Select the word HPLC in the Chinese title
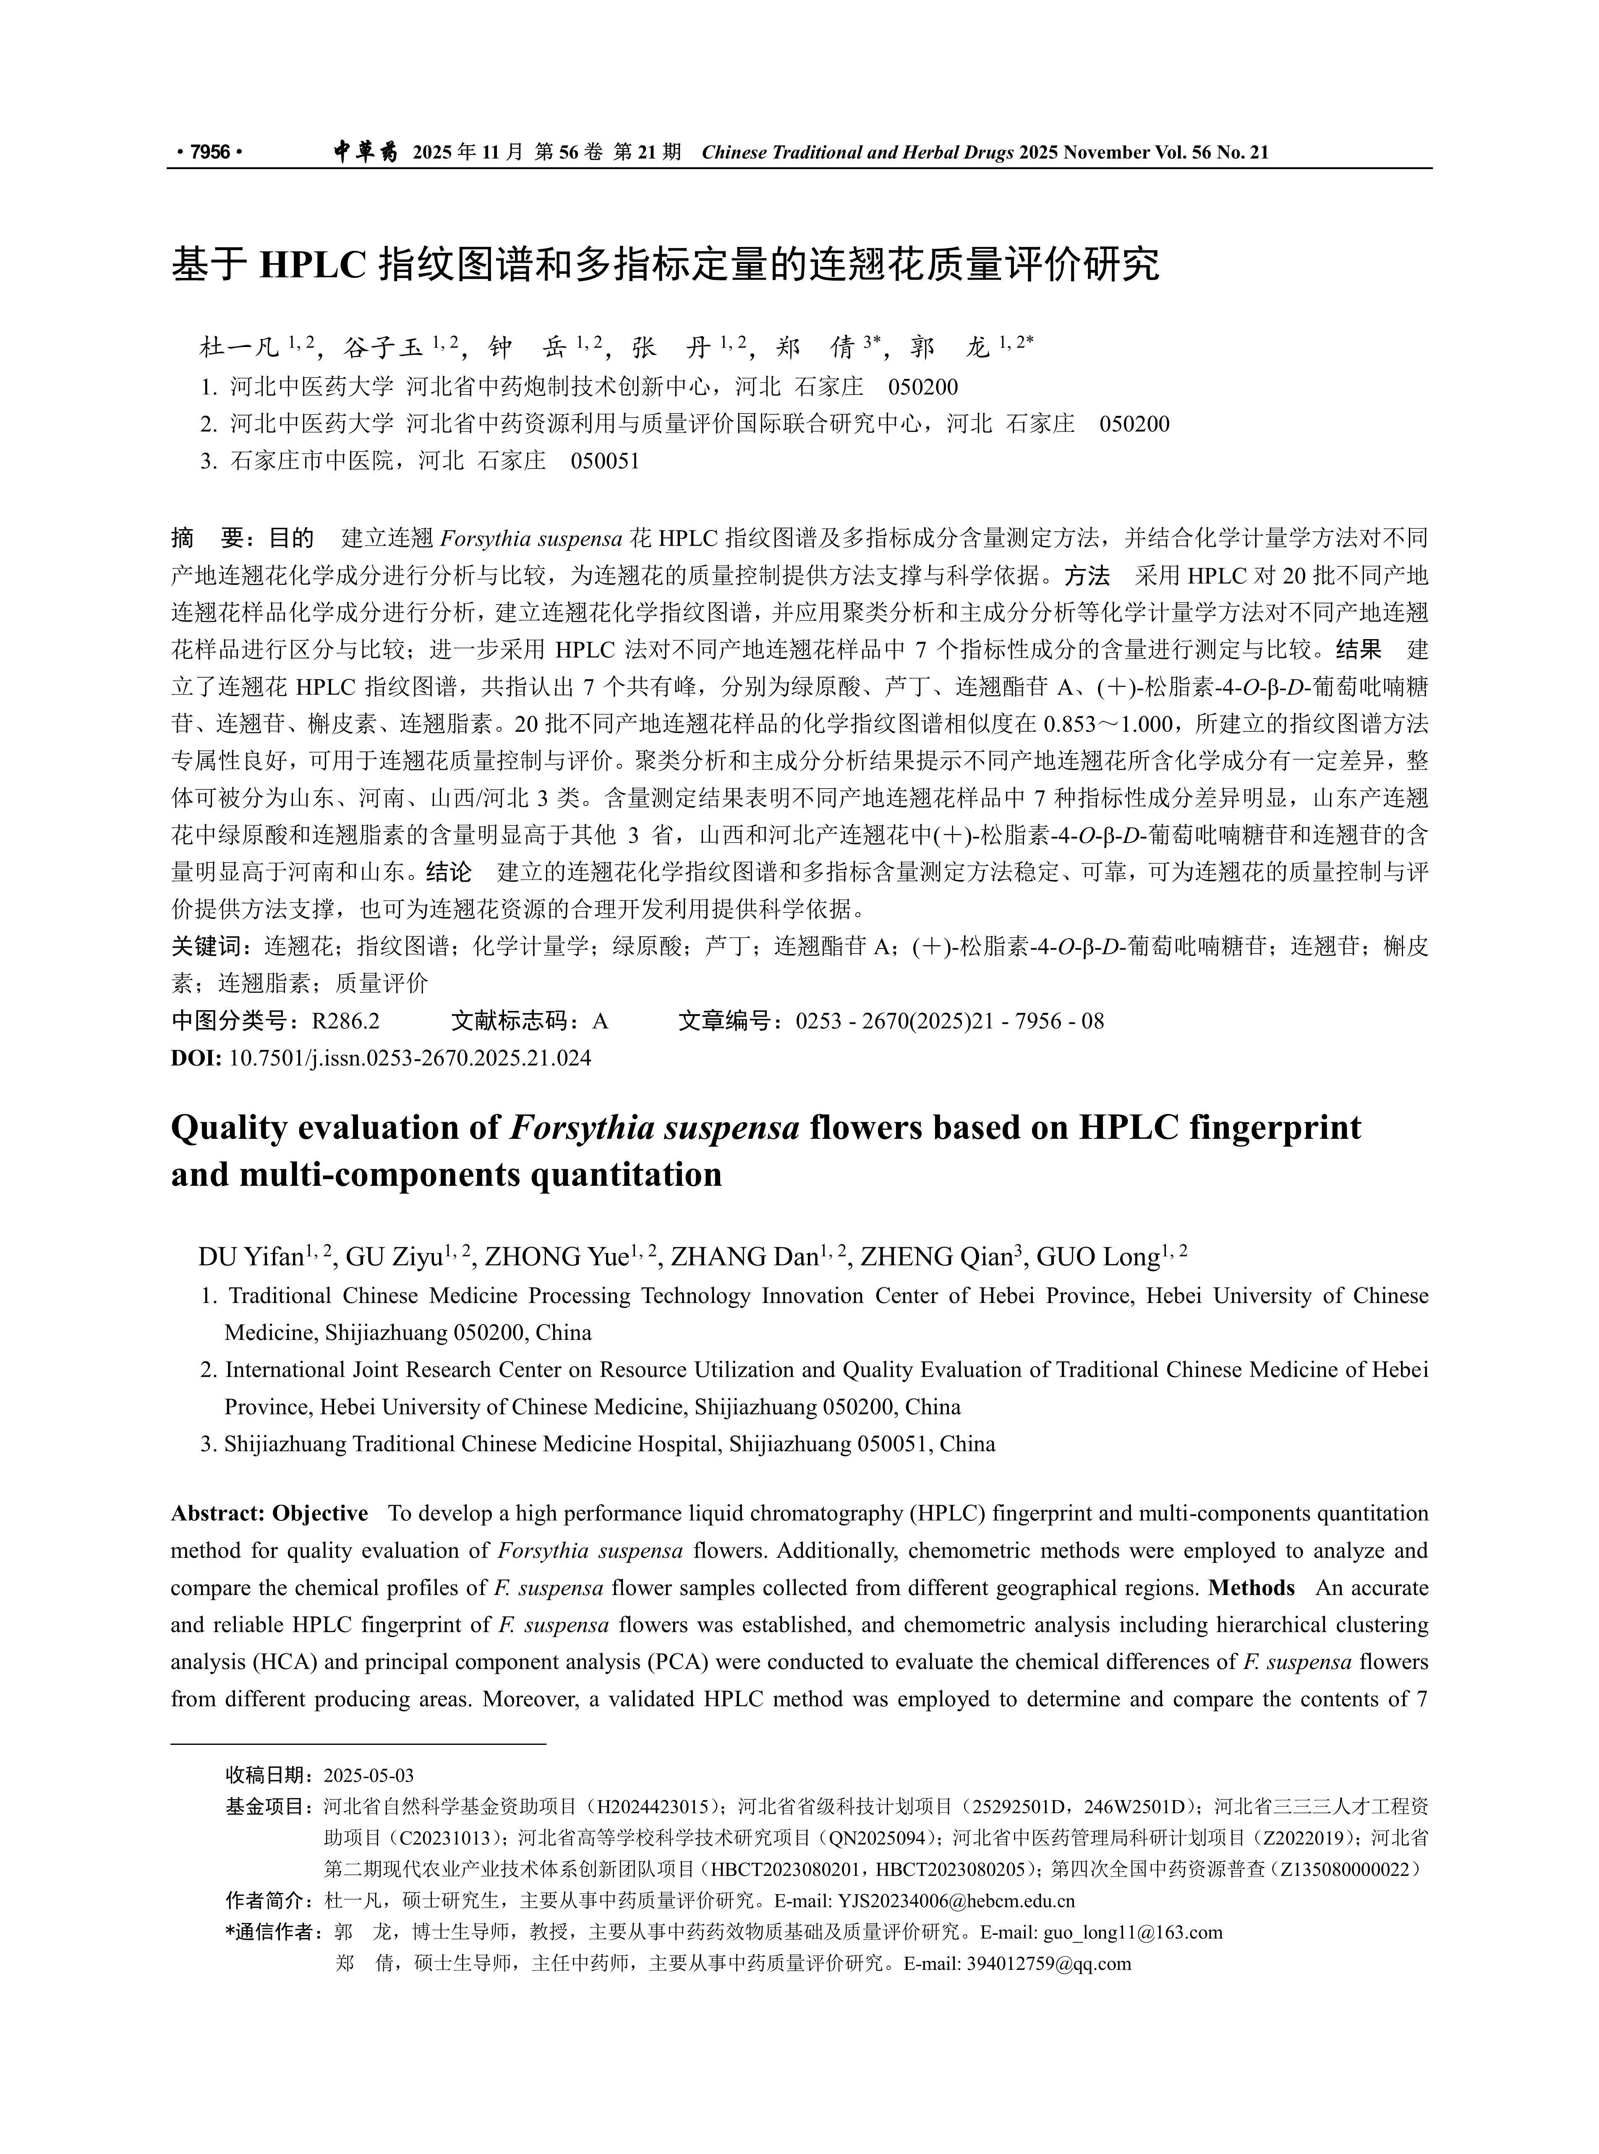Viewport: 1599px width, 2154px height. [313, 264]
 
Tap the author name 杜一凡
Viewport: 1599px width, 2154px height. [239, 347]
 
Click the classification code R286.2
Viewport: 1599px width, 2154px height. [345, 1021]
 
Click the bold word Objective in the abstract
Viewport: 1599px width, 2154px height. [320, 1513]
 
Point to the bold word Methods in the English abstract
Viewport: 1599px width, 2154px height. [1252, 1588]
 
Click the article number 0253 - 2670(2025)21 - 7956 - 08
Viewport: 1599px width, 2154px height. [949, 1021]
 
